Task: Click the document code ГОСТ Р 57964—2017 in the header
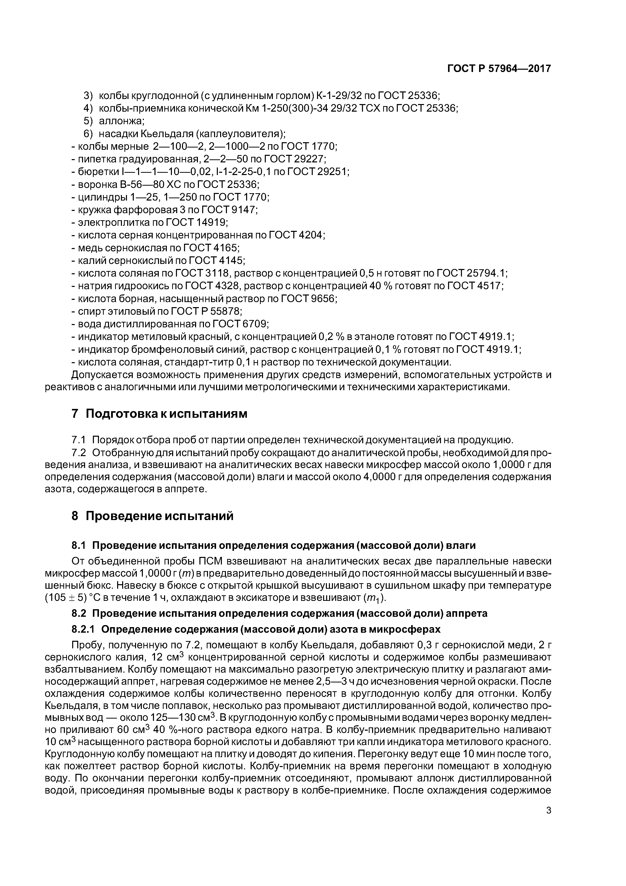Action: pos(499,69)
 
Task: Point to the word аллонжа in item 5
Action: pos(121,121)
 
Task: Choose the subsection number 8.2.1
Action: pos(83,629)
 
